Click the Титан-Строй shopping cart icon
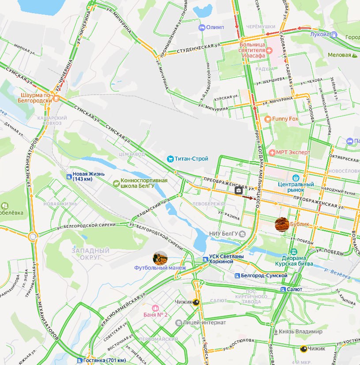(170, 159)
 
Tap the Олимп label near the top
(215, 27)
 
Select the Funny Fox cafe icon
(267, 119)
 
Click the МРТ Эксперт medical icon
(272, 153)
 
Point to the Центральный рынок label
(296, 186)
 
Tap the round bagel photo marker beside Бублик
(282, 225)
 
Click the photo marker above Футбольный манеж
(160, 258)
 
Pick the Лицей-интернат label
(202, 323)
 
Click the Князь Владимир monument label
(301, 331)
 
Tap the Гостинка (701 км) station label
(104, 360)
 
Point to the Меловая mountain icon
(354, 55)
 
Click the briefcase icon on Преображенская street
(239, 190)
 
